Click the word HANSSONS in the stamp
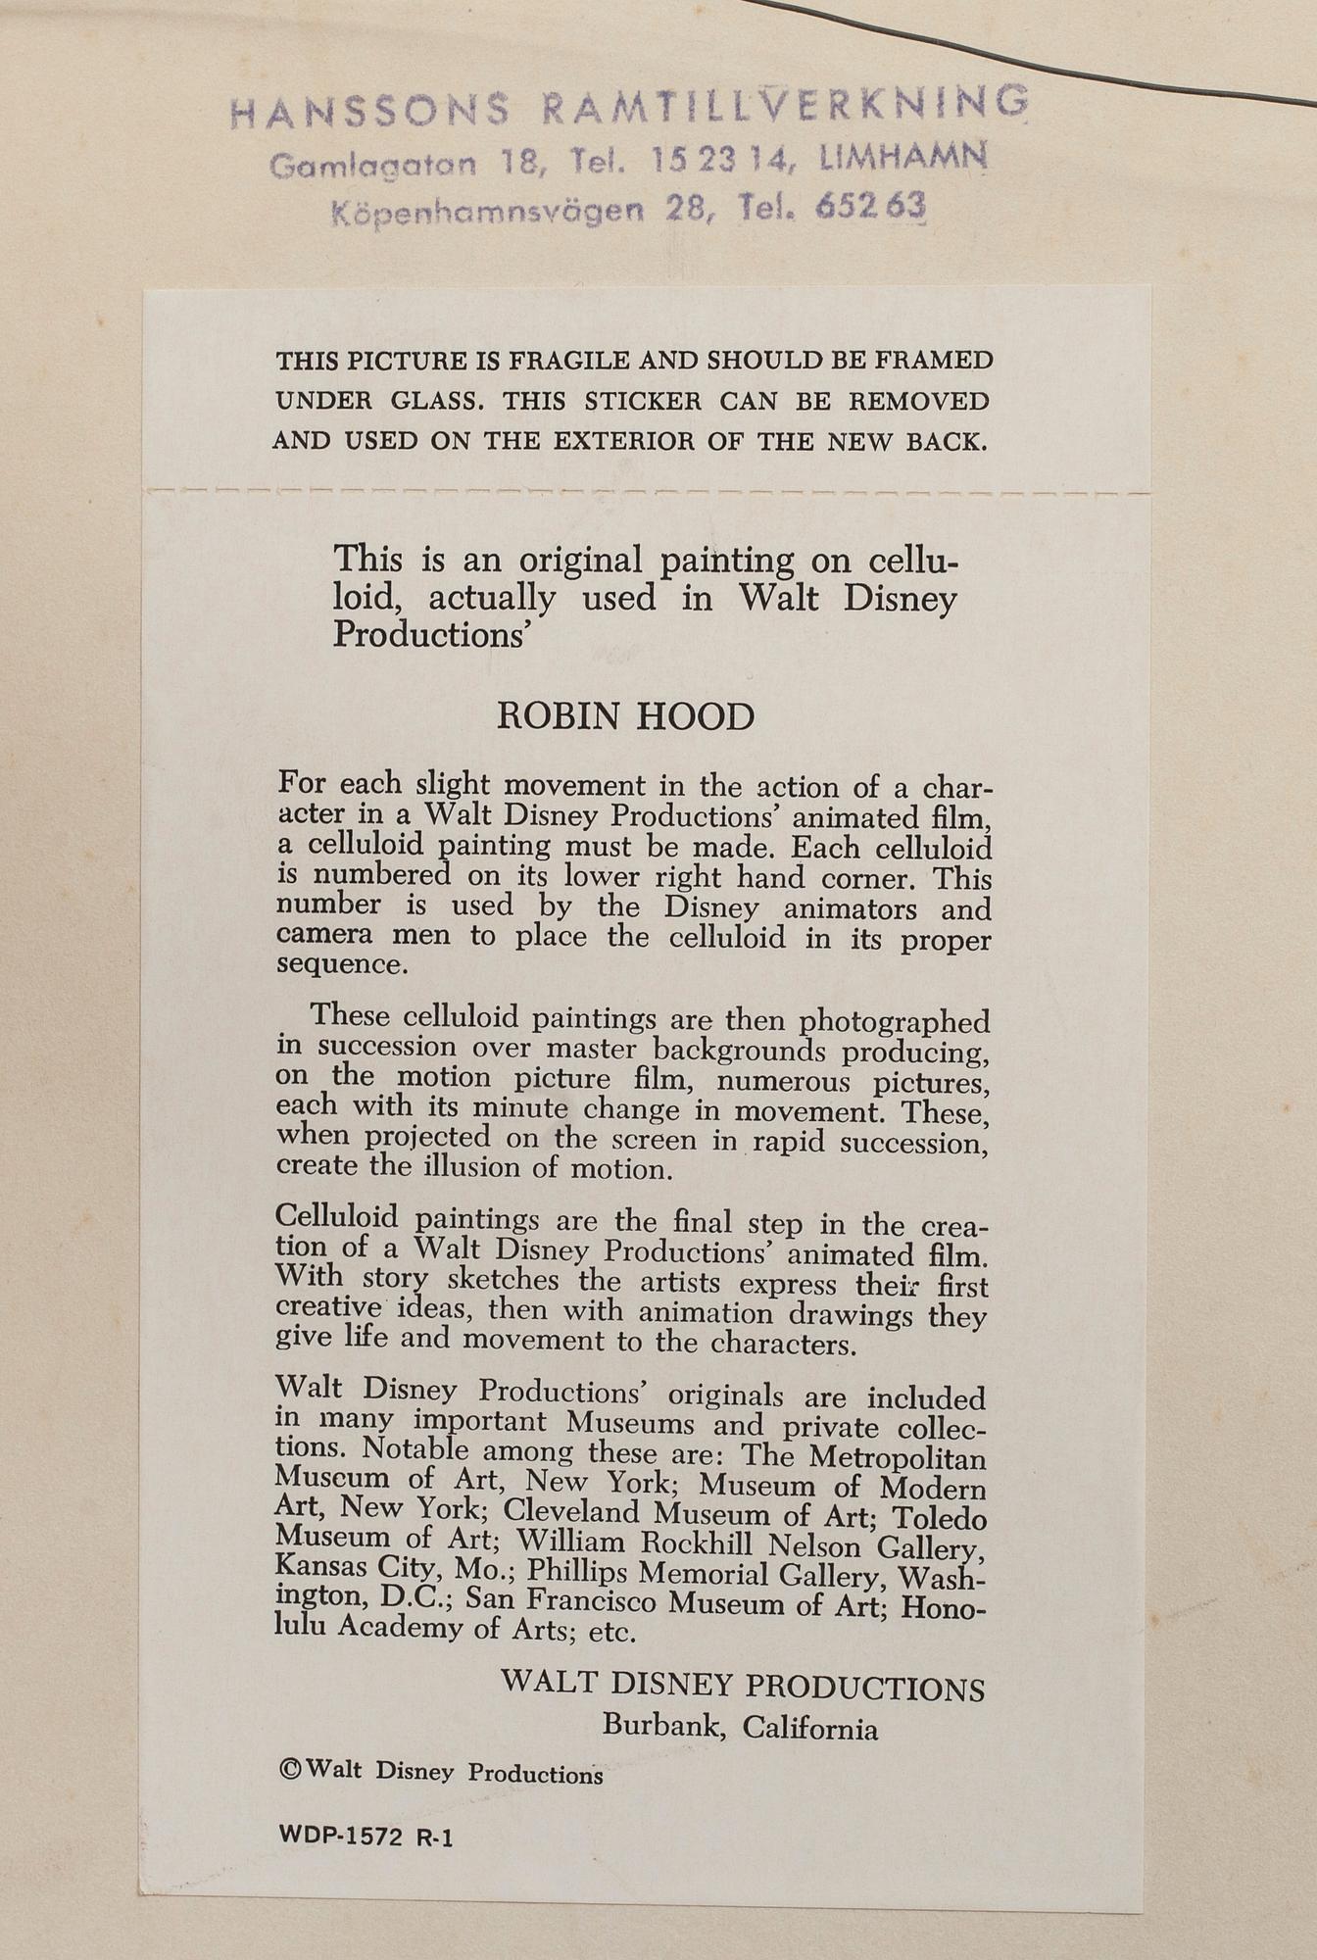tap(370, 110)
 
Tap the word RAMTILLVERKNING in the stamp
tap(785, 106)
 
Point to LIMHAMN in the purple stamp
tap(902, 157)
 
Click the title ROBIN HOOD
tap(625, 716)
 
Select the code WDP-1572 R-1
tap(366, 1837)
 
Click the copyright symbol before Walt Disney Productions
tap(289, 1770)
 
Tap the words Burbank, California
tap(740, 1727)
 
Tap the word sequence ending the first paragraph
tap(340, 963)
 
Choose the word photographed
tap(894, 1022)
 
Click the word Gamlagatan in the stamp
tap(373, 166)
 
